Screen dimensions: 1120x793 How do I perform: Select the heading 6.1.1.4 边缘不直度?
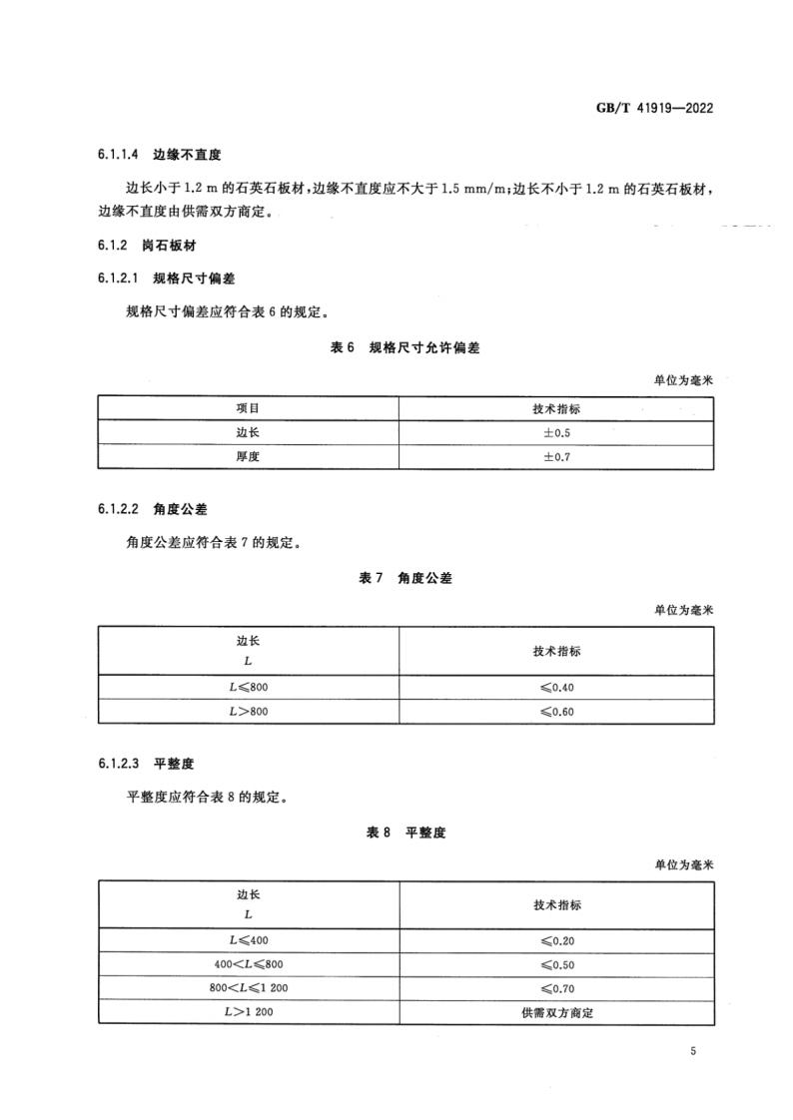click(159, 156)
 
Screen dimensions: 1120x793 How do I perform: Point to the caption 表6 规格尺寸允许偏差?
click(405, 347)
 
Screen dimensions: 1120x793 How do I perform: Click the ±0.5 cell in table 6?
click(556, 432)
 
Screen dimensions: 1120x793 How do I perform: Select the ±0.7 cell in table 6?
click(556, 456)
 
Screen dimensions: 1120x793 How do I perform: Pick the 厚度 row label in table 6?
click(248, 456)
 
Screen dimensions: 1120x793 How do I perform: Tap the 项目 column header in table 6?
click(248, 408)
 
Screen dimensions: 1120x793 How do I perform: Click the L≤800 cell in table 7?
click(248, 687)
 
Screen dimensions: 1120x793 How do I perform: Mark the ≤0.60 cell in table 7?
click(556, 712)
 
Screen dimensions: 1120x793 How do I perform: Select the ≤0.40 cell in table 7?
click(556, 687)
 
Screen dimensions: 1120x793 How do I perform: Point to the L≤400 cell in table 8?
click(248, 940)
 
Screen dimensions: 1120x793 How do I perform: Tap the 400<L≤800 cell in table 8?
click(248, 964)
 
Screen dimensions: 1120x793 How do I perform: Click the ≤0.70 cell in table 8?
click(556, 988)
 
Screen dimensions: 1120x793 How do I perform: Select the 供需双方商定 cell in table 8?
click(556, 1012)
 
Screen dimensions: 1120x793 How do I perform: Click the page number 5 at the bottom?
click(692, 1051)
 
